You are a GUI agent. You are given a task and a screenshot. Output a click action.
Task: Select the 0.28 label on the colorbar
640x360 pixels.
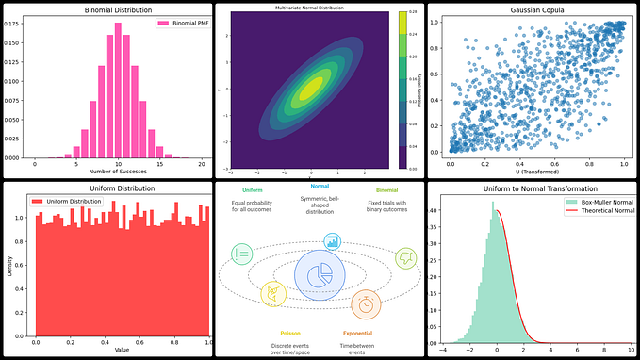click(x=412, y=14)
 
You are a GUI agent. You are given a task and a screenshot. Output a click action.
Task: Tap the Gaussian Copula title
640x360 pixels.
click(x=533, y=8)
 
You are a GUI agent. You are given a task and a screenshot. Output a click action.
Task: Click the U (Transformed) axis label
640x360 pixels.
click(x=533, y=171)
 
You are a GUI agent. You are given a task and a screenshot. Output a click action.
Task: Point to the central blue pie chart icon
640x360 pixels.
click(x=319, y=275)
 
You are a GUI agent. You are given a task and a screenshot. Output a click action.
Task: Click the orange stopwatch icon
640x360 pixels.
click(x=367, y=303)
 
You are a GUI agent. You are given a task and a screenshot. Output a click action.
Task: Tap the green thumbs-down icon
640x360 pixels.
click(x=407, y=256)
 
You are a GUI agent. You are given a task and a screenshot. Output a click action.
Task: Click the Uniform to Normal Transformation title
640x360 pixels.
click(x=533, y=188)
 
